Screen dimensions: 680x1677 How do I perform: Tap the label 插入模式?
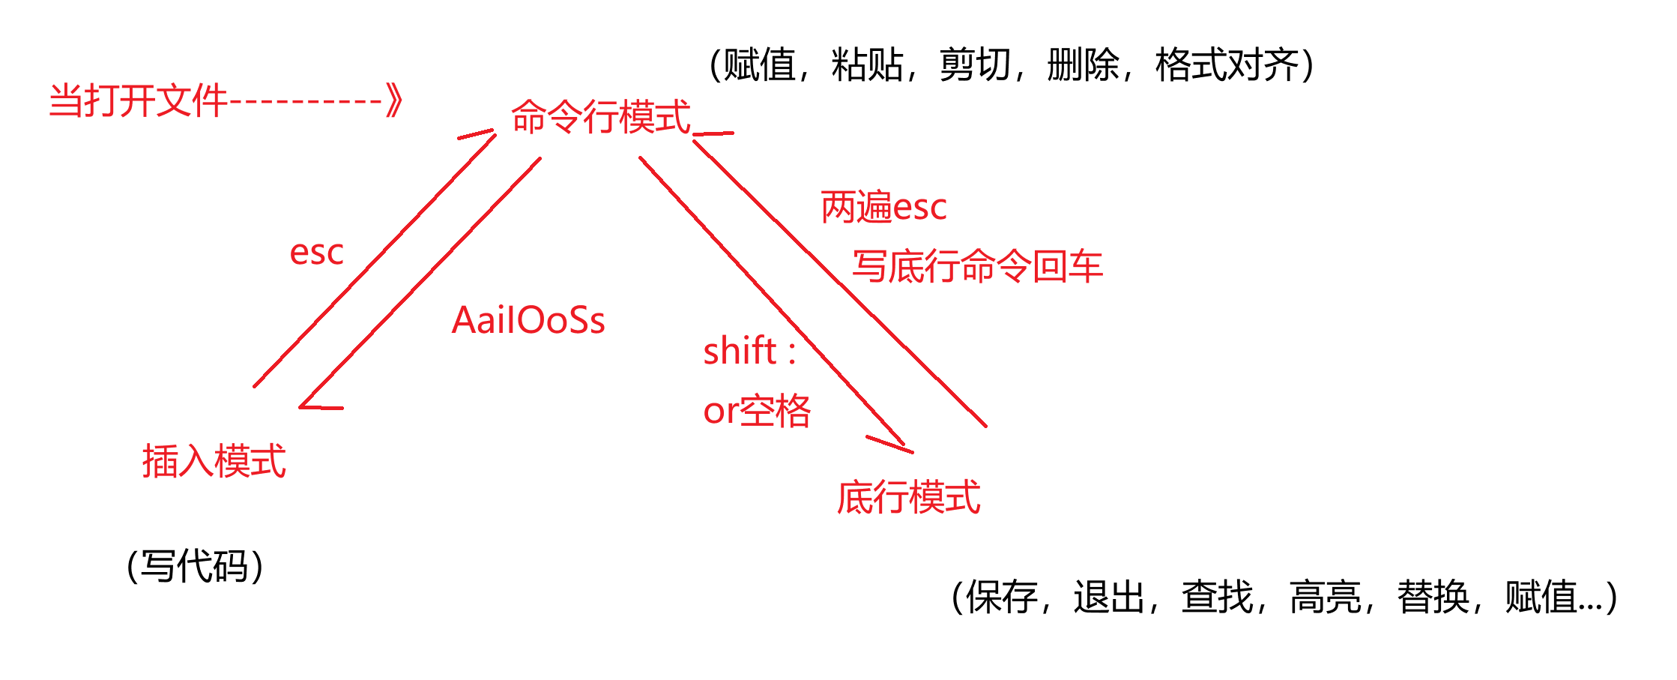click(214, 460)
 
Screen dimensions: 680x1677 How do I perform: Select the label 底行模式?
click(908, 497)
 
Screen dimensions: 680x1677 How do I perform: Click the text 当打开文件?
click(138, 100)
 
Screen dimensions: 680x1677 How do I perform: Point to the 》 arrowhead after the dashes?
click(394, 100)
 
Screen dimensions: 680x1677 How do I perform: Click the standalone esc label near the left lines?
click(316, 253)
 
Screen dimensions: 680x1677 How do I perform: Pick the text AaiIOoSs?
click(528, 320)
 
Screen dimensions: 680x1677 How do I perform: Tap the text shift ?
click(749, 351)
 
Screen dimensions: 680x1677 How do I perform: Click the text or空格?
click(757, 411)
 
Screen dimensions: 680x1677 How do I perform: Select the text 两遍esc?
click(884, 207)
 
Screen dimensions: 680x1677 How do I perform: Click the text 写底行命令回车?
click(978, 266)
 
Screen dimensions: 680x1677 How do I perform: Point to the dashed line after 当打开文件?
click(306, 100)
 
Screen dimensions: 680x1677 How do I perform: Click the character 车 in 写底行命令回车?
click(1086, 266)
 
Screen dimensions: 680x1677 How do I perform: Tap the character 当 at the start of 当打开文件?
click(66, 100)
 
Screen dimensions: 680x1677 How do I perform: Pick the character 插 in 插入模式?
click(160, 460)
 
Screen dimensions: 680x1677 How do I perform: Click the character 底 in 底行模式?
click(854, 497)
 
